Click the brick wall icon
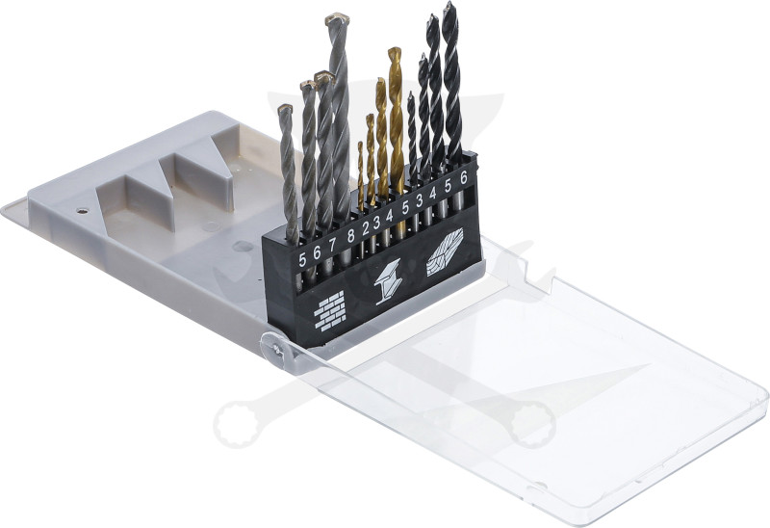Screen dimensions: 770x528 pos(329,310)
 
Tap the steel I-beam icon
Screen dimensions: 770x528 pos(388,281)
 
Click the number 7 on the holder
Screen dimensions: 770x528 pos(332,245)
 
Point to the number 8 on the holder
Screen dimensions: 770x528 pos(350,235)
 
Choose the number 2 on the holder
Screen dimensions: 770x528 pos(366,228)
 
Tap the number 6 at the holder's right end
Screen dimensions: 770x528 pos(463,178)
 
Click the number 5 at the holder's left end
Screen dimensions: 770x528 pos(302,259)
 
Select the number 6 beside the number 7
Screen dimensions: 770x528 pos(317,252)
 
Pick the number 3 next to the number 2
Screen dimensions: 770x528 pos(376,223)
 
